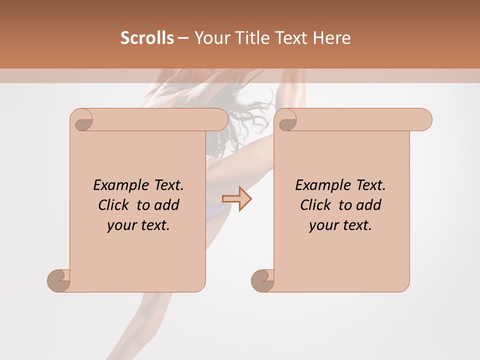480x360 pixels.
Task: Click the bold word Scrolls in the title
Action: coord(147,38)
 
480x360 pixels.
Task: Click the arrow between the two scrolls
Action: coord(236,198)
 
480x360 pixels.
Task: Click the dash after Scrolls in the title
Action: coord(183,38)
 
